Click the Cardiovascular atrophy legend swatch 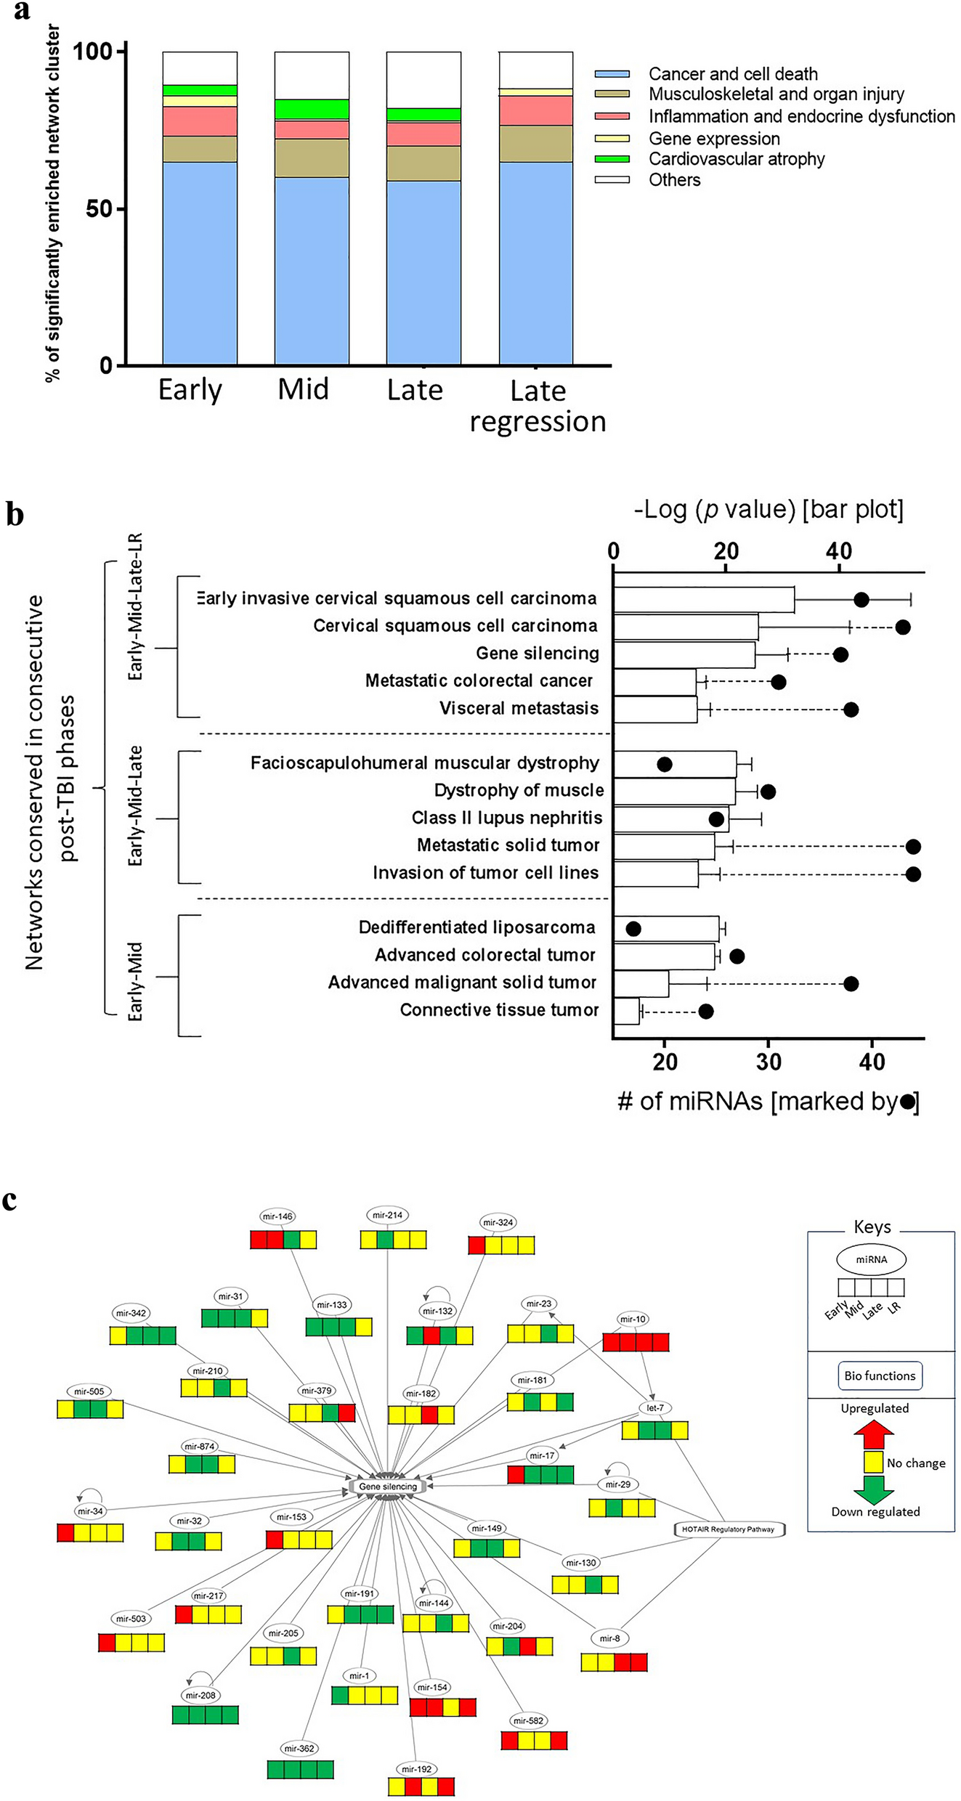click(x=612, y=159)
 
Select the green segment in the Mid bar click(x=312, y=109)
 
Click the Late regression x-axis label click(x=538, y=406)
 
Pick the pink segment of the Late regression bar click(x=535, y=110)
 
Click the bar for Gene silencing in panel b click(x=684, y=654)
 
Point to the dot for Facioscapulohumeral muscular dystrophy click(x=664, y=764)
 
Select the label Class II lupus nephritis click(x=506, y=818)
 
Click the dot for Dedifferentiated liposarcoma click(x=633, y=928)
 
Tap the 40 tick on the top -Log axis click(x=838, y=551)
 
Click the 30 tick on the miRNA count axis click(x=769, y=1062)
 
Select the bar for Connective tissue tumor click(x=626, y=1011)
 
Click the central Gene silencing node click(x=388, y=1487)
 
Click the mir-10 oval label click(x=632, y=1319)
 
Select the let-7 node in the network click(x=654, y=1407)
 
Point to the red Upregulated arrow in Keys click(x=873, y=1434)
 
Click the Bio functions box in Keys click(x=880, y=1375)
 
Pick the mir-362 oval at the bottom click(x=299, y=1748)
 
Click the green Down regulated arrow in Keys click(x=873, y=1489)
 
